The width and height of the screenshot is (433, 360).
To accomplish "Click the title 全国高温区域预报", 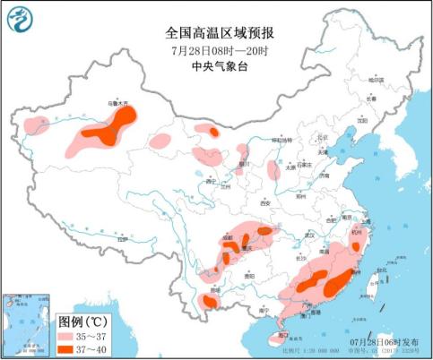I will [215, 33].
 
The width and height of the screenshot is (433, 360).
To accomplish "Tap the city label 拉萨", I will [123, 240].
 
